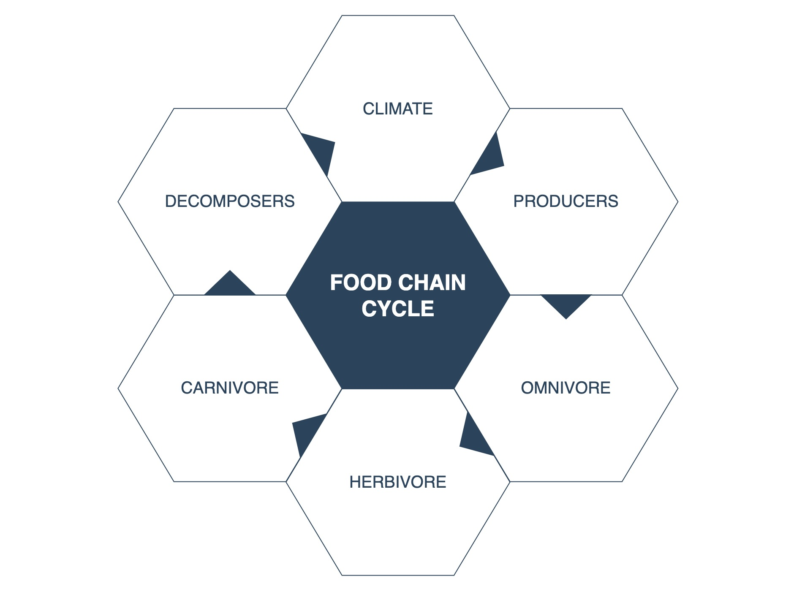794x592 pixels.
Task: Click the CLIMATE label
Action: click(x=397, y=109)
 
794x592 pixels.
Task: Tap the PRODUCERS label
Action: click(x=566, y=201)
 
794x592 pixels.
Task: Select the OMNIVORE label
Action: click(x=566, y=388)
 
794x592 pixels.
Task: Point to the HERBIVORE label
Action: click(x=397, y=482)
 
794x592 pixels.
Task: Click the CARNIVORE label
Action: click(x=230, y=388)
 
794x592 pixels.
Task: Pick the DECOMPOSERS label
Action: click(x=230, y=201)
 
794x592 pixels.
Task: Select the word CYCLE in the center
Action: click(x=397, y=309)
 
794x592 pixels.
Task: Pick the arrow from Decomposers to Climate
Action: click(x=321, y=150)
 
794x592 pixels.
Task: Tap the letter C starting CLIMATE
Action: click(x=368, y=109)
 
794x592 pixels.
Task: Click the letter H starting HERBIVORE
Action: click(x=354, y=482)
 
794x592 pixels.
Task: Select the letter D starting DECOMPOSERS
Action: click(x=170, y=201)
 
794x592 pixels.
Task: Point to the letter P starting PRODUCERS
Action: click(x=518, y=201)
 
